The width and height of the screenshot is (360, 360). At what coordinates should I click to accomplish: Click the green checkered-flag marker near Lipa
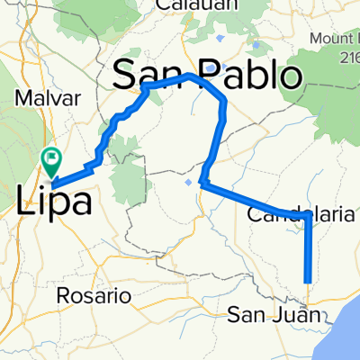click(52, 163)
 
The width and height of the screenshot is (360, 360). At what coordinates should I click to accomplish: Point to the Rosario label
click(88, 295)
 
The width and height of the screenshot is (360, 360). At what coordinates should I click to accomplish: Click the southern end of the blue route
click(308, 281)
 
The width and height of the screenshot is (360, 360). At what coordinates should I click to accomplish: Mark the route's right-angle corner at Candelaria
click(308, 215)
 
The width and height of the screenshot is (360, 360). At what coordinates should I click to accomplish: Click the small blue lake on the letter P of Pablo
click(211, 67)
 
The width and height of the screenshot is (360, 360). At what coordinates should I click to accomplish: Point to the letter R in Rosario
click(62, 295)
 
